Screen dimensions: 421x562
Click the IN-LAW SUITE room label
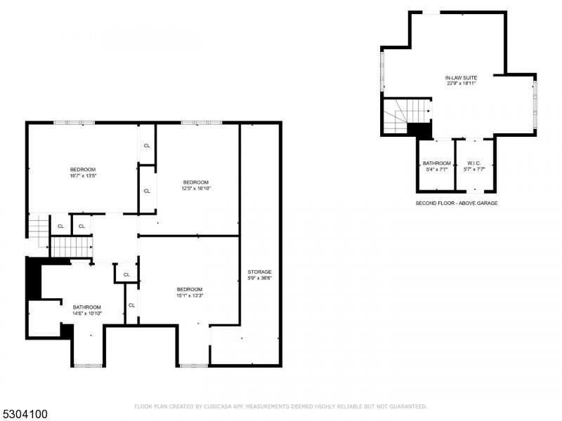(x=461, y=77)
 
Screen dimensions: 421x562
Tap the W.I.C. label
(x=473, y=163)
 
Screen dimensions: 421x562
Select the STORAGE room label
(x=259, y=272)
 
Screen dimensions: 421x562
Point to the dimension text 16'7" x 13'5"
(x=82, y=175)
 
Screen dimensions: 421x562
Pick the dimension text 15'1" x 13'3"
(x=190, y=295)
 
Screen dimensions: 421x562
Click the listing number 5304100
(x=25, y=414)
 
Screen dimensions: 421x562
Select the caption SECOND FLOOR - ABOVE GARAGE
(x=457, y=203)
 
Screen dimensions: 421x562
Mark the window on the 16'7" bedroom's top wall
(x=74, y=123)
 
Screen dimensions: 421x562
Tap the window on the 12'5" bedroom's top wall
(x=202, y=123)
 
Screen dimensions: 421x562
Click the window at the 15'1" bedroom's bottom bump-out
(x=192, y=366)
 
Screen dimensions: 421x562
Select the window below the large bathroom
(x=88, y=366)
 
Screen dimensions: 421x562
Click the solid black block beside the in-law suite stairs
(x=419, y=131)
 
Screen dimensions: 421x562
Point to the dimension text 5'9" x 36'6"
(x=259, y=278)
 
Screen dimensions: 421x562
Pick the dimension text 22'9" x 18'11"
(x=461, y=83)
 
